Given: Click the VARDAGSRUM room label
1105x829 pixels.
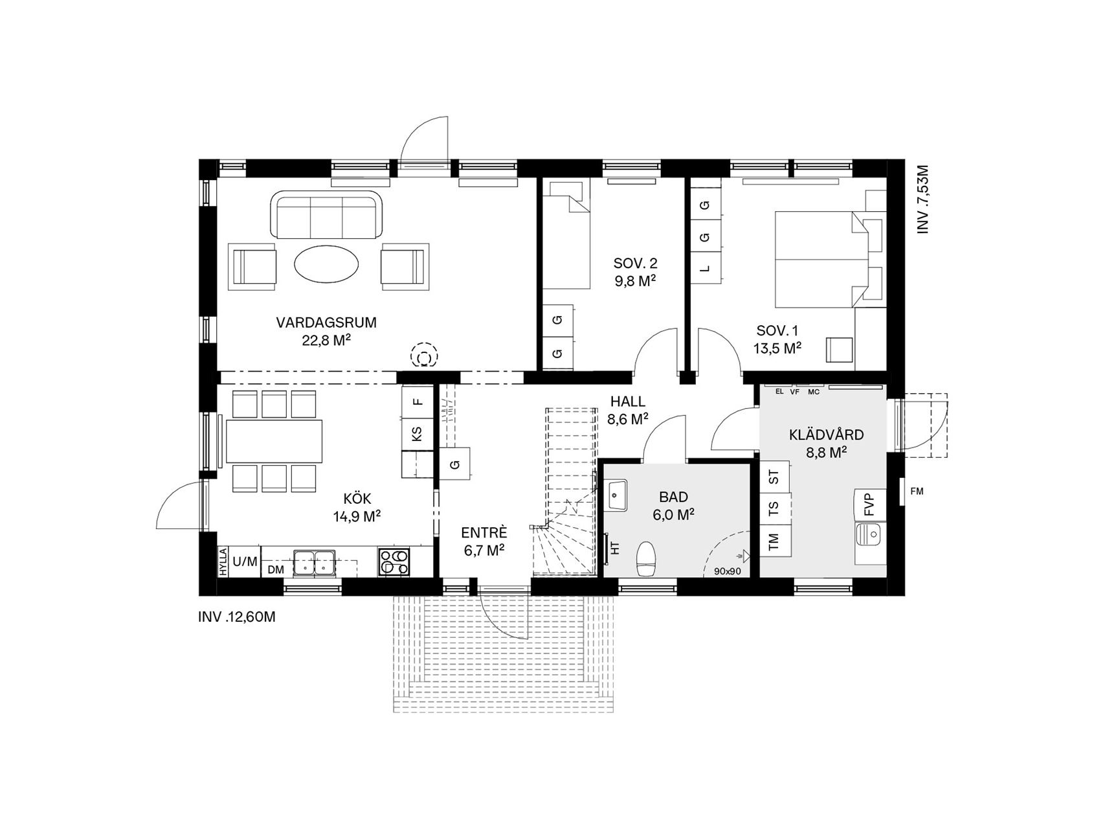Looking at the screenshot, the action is (x=326, y=322).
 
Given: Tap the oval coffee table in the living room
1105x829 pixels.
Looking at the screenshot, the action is (x=326, y=263).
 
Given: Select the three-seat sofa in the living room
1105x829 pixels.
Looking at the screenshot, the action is (x=326, y=214).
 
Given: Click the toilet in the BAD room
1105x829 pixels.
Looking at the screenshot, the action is (x=647, y=558).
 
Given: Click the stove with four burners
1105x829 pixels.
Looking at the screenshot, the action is (x=394, y=562).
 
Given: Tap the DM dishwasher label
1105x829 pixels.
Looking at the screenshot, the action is (x=276, y=569).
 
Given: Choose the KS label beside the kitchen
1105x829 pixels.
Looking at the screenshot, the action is (x=418, y=432).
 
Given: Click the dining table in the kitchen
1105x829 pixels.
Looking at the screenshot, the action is (x=274, y=441).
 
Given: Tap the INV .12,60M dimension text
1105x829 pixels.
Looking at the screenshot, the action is (x=237, y=617).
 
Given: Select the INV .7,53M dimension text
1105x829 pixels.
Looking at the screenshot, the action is (x=923, y=199).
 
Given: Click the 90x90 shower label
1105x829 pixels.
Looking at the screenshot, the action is (x=727, y=571).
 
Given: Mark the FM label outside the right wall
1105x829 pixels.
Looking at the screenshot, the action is (x=917, y=492).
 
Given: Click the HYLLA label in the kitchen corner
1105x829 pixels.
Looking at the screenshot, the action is (x=223, y=562).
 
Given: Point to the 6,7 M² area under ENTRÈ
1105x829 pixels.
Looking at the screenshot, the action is (x=484, y=551).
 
